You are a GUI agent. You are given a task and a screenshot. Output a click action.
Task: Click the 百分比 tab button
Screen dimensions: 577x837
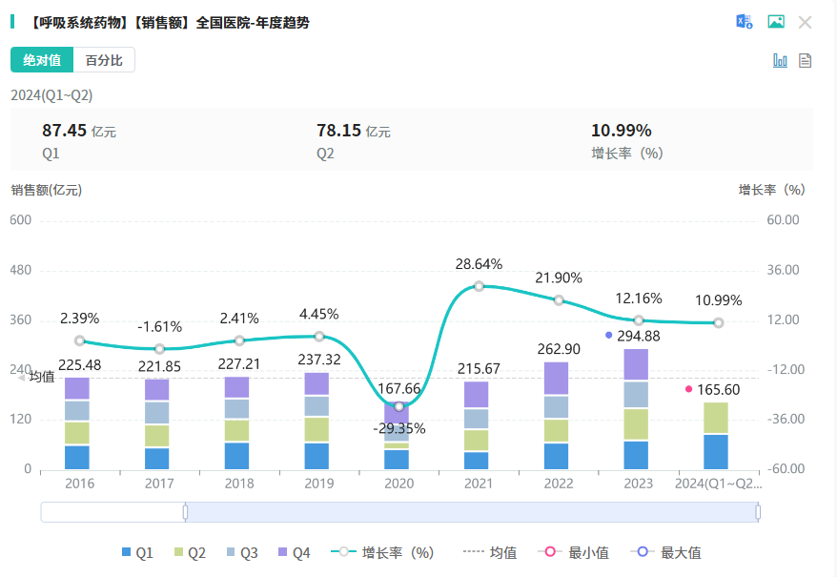[104, 60]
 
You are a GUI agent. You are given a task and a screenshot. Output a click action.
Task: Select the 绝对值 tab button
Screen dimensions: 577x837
[42, 60]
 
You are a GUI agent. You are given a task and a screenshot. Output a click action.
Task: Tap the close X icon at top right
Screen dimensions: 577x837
[805, 22]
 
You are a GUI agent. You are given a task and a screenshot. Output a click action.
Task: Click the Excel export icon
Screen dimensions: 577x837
[744, 22]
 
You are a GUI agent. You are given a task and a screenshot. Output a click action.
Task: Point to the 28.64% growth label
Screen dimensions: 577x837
[479, 264]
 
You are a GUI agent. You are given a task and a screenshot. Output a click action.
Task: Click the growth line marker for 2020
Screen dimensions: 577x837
[399, 406]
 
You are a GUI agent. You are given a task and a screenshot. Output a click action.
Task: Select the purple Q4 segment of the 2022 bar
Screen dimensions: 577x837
[559, 379]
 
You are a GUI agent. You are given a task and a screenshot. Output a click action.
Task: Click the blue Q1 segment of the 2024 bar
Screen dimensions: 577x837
[719, 451]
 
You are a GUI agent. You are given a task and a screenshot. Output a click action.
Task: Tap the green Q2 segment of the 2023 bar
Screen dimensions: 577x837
[639, 424]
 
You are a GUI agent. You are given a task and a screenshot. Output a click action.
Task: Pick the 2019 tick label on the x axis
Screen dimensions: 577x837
[319, 484]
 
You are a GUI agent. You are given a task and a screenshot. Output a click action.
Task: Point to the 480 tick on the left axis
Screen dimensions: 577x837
[20, 270]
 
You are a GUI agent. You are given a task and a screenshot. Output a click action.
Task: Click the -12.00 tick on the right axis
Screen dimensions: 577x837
[783, 370]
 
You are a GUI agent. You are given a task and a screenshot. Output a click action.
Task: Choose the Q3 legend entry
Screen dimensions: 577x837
[240, 552]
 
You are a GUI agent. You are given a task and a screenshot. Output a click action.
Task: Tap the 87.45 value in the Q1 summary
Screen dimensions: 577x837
[64, 131]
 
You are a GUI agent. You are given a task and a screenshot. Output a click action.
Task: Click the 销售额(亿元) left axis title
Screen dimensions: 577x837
[47, 190]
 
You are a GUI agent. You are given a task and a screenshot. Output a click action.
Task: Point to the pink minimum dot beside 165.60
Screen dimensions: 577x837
[688, 389]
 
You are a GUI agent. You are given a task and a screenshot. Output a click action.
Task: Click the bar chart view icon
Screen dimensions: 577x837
[780, 60]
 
